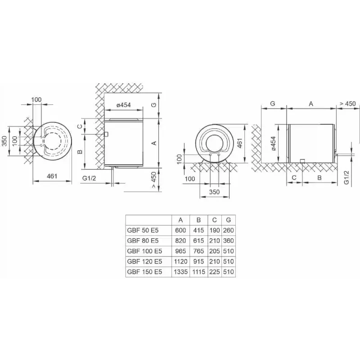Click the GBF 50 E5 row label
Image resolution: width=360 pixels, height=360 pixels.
click(143, 230)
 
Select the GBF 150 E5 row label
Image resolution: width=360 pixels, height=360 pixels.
click(144, 272)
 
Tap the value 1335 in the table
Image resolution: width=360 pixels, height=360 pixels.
click(181, 272)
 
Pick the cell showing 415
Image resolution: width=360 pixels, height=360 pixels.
click(198, 230)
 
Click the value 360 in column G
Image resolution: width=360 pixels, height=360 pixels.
click(229, 241)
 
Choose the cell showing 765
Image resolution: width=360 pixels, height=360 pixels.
click(198, 251)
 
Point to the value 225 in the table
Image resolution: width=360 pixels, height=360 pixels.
click(215, 272)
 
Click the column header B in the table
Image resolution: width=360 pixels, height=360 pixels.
click(198, 220)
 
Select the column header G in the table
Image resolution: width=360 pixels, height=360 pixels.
click(229, 220)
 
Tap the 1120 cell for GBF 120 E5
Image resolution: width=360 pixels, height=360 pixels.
click(181, 261)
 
